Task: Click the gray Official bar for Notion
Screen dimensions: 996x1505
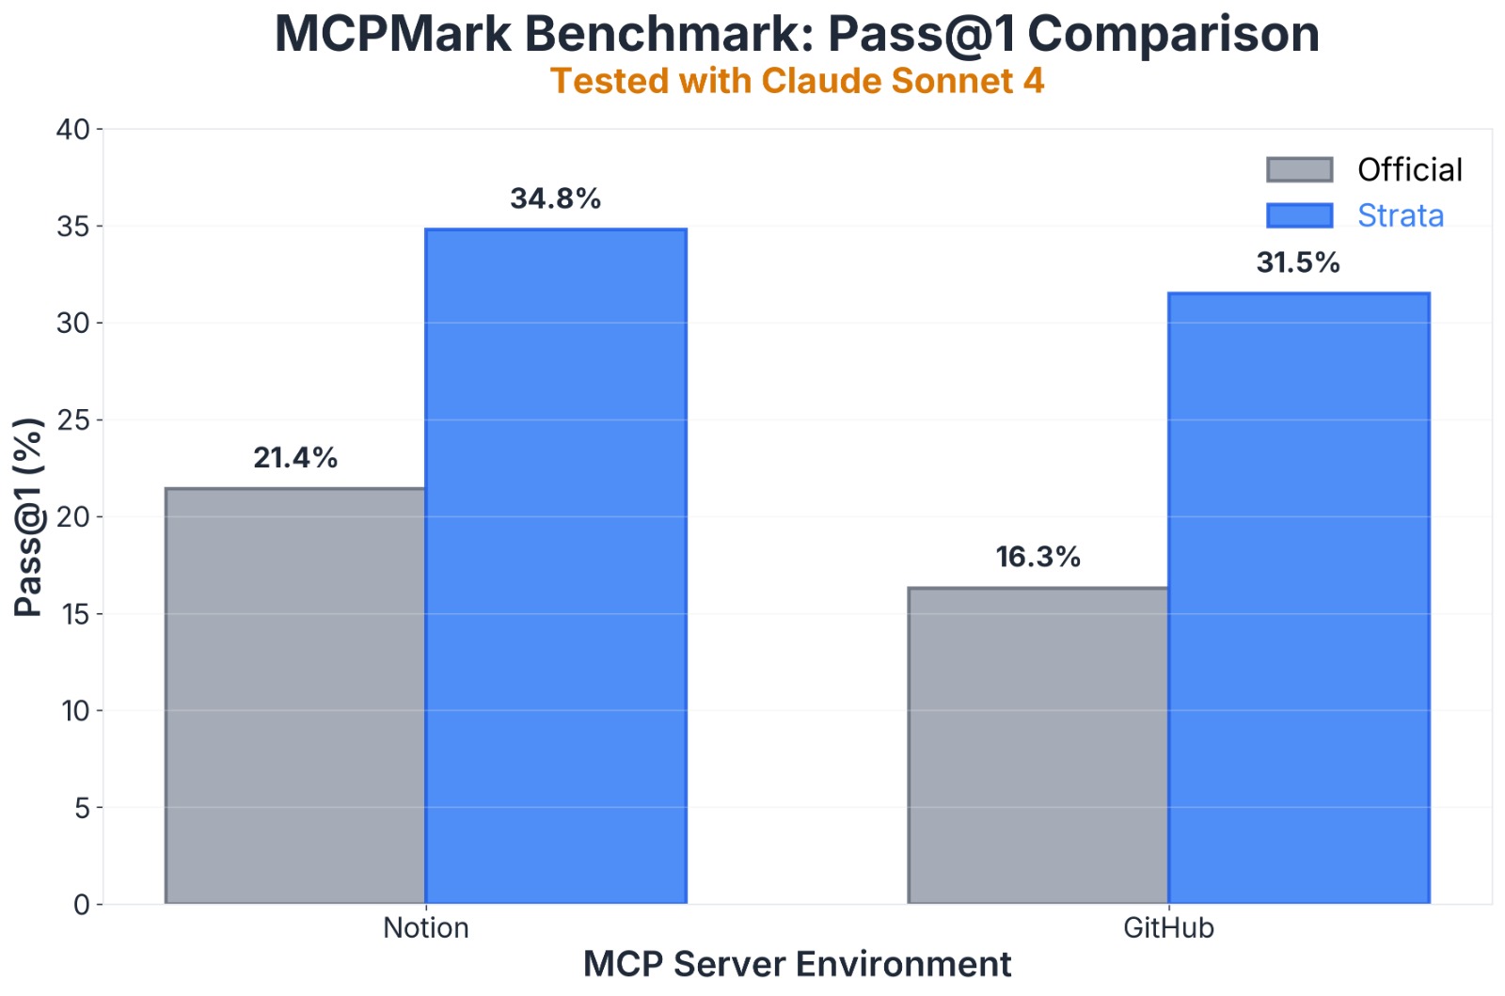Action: (295, 696)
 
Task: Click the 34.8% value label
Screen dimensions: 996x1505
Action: (556, 198)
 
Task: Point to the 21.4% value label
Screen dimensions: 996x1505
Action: (295, 458)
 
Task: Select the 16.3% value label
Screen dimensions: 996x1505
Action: (1038, 557)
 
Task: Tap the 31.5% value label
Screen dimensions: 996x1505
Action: (1298, 262)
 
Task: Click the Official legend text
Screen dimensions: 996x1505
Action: (1410, 170)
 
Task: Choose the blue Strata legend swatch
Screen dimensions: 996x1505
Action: (1300, 215)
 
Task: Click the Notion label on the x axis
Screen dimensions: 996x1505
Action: (426, 928)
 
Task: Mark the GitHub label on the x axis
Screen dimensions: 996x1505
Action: (1169, 928)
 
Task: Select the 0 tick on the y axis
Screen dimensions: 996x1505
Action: (82, 905)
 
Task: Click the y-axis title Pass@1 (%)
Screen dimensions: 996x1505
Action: (29, 517)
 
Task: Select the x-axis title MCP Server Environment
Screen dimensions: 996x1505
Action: (797, 965)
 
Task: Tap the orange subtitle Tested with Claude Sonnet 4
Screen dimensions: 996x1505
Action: (797, 82)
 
